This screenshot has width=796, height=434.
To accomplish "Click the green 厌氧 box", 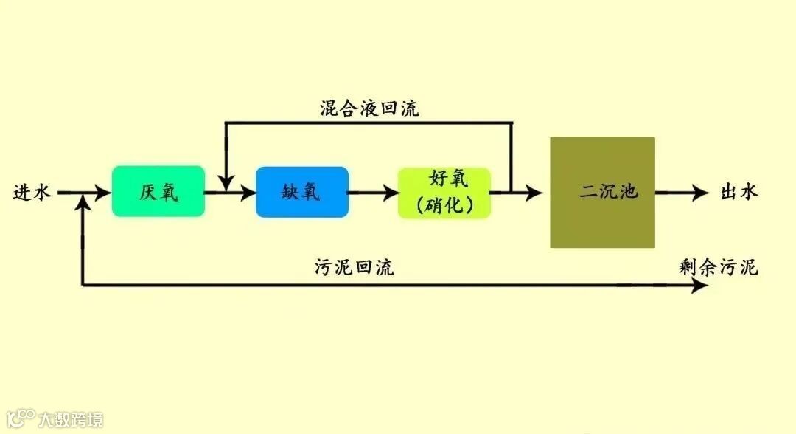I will point(158,192).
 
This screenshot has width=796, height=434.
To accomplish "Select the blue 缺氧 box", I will point(301,192).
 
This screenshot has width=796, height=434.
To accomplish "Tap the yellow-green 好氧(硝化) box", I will point(444,192).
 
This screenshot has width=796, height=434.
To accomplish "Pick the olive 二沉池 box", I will point(602,193).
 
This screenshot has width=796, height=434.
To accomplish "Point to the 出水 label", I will point(739,193).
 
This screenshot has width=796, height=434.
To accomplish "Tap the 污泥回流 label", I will point(354,267).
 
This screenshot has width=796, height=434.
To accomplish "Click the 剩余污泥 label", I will point(718,267).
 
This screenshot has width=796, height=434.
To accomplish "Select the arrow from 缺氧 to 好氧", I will point(372,193).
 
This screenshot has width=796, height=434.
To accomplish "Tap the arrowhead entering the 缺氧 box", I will point(247,193).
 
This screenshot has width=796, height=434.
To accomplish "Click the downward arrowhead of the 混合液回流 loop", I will point(226,181).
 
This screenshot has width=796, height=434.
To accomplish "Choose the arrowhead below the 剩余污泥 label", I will point(700,286).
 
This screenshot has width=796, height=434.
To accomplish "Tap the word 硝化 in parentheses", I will point(444,204).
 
